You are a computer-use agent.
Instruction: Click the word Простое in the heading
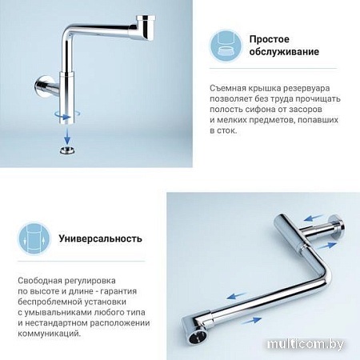tap(269, 38)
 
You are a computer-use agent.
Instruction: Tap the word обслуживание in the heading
tap(283, 52)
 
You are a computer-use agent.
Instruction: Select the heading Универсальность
tap(101, 238)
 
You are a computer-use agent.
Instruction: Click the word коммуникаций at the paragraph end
tap(49, 332)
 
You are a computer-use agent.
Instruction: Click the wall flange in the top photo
tap(41, 84)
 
